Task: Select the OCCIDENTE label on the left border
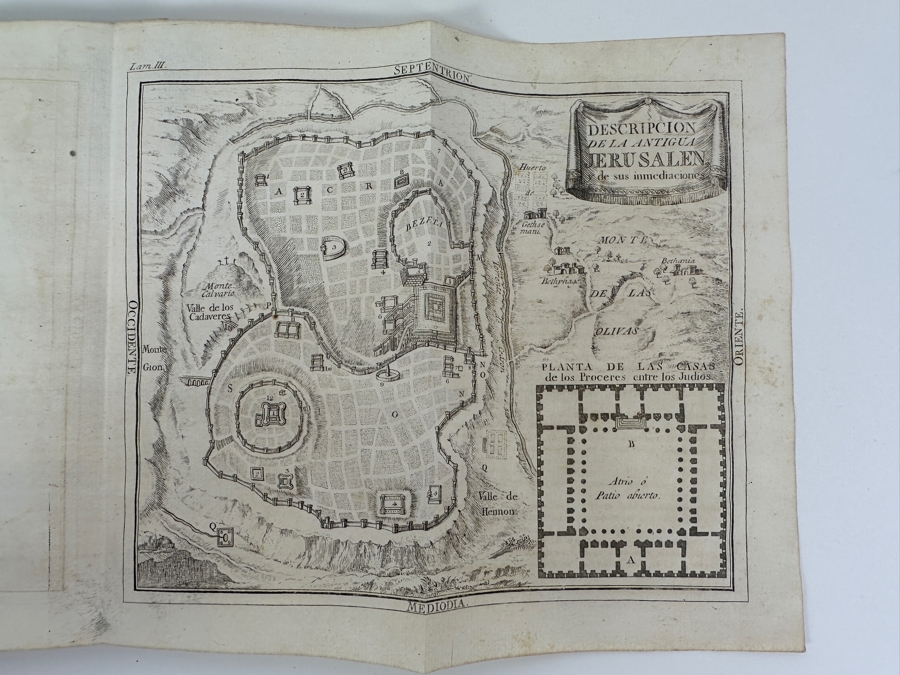point(130,338)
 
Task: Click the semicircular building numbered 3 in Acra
point(332,244)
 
